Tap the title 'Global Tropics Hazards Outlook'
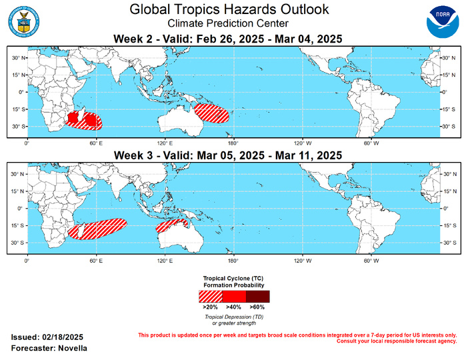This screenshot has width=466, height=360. pyautogui.click(x=229, y=9)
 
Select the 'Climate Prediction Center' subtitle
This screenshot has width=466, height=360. pyautogui.click(x=229, y=23)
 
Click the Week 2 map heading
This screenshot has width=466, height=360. pyautogui.click(x=229, y=39)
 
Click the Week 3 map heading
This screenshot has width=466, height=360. pyautogui.click(x=229, y=155)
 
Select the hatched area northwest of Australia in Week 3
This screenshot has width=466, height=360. pyautogui.click(x=167, y=227)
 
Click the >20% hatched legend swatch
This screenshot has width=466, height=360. pyautogui.click(x=210, y=296)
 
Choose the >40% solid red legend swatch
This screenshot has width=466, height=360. pyautogui.click(x=234, y=296)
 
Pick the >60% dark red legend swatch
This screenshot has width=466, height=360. pyautogui.click(x=257, y=296)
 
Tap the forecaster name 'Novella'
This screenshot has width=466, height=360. pyautogui.click(x=71, y=349)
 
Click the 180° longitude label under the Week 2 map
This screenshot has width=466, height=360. pyautogui.click(x=233, y=143)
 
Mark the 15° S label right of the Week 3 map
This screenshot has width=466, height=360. pyautogui.click(x=453, y=225)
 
